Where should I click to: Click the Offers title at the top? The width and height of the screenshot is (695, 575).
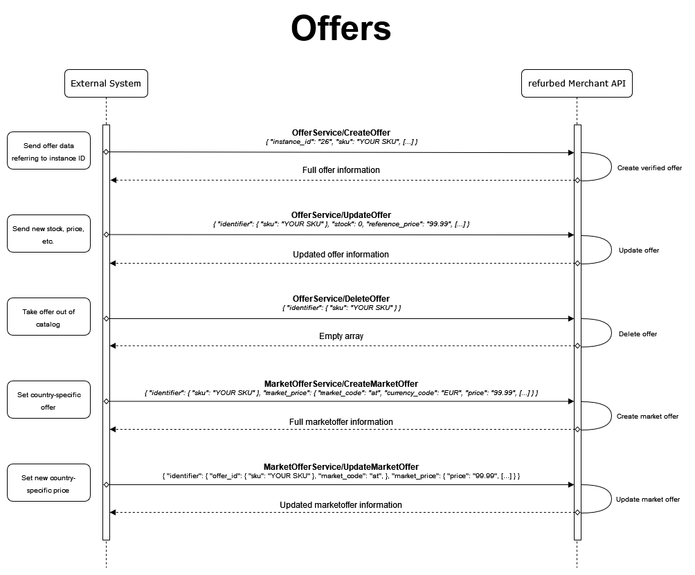[341, 28]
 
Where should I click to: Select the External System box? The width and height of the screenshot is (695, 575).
[106, 83]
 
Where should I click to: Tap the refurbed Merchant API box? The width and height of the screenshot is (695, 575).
[577, 83]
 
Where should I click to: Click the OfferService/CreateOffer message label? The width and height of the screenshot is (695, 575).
[341, 132]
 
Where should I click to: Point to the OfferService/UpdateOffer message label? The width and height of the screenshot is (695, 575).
[341, 215]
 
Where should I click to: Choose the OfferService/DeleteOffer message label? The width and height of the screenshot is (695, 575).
[341, 299]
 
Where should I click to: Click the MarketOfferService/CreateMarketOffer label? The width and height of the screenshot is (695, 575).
[341, 383]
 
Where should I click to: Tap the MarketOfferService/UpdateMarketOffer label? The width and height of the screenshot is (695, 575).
[341, 466]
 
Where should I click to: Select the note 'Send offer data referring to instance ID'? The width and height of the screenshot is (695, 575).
[48, 151]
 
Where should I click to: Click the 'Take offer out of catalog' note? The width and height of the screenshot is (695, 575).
[48, 317]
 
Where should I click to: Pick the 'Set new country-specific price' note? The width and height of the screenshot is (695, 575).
[48, 483]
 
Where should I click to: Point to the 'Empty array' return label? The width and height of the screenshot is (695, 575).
[341, 336]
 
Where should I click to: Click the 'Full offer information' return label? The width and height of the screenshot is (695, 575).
[341, 170]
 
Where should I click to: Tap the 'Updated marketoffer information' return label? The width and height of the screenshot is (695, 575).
[341, 505]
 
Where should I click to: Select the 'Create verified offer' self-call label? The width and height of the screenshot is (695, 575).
[649, 168]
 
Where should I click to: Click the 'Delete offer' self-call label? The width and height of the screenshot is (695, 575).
[638, 334]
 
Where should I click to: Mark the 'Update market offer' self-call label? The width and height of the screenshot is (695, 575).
[647, 500]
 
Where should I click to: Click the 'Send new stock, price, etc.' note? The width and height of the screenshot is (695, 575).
[48, 234]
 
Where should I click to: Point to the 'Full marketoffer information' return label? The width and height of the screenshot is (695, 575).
[341, 421]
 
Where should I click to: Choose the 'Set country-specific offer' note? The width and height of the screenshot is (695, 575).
[48, 399]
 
